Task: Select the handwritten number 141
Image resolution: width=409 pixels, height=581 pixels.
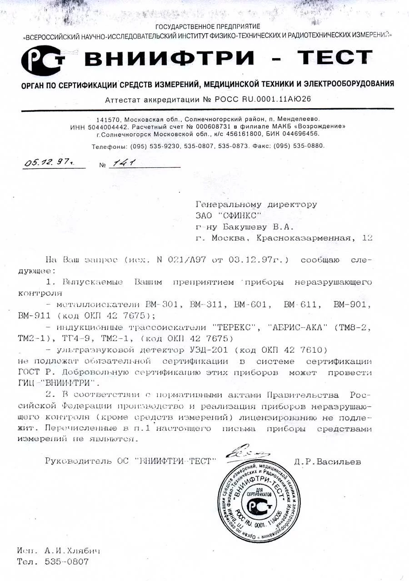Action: (x=127, y=162)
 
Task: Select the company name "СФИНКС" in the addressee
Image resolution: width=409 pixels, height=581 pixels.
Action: (x=237, y=215)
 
